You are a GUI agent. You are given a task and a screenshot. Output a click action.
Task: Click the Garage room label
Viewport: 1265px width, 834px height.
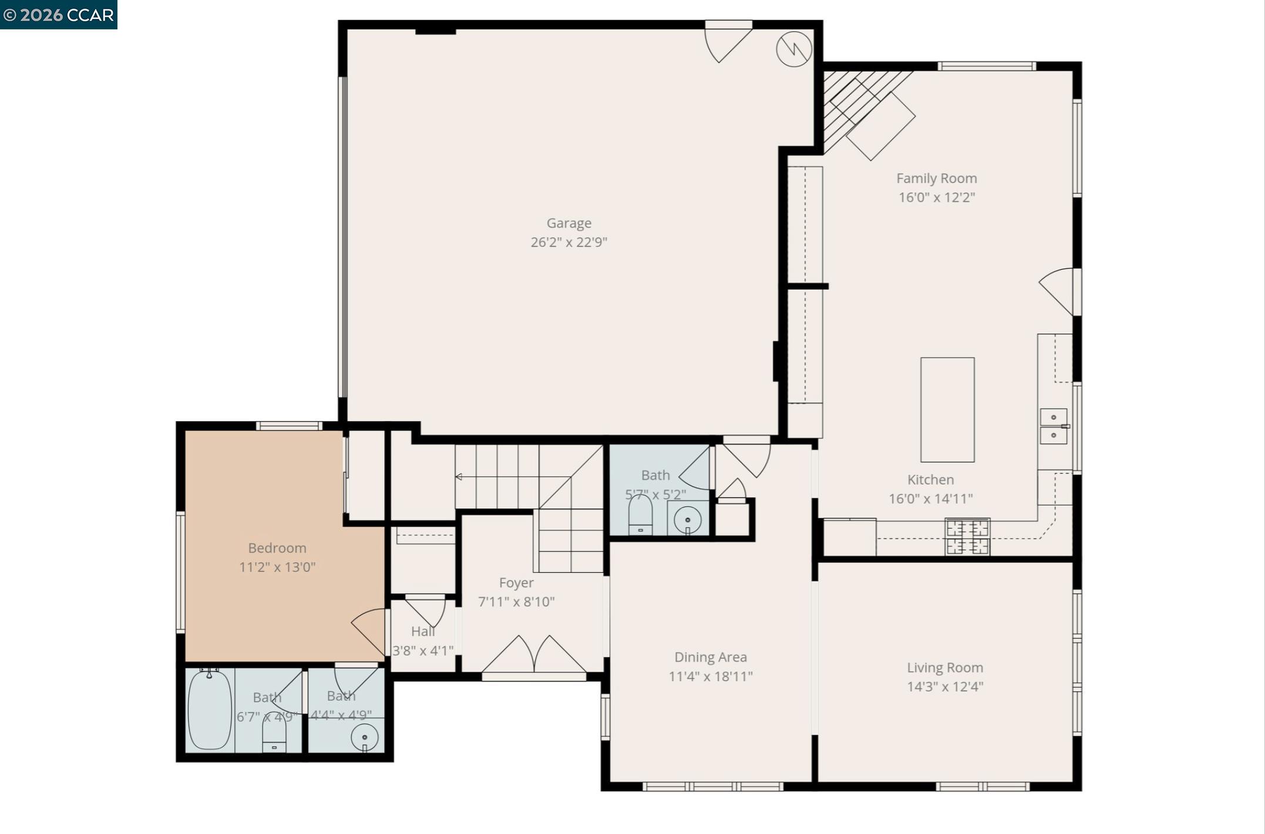(568, 223)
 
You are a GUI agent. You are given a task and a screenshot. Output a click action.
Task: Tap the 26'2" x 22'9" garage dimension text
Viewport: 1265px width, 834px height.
(568, 242)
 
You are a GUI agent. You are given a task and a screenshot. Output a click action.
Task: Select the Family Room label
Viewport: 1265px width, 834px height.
(936, 179)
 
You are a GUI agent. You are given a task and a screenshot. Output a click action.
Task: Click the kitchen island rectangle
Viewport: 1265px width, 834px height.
(947, 409)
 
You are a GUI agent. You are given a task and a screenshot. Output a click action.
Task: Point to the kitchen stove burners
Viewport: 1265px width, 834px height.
(967, 537)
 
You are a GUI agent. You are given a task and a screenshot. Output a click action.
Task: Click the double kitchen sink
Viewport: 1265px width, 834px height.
(1054, 426)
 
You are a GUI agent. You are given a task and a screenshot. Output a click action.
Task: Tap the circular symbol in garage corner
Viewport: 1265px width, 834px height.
(793, 49)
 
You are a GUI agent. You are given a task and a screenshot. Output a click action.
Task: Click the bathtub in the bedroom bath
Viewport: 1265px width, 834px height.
(209, 709)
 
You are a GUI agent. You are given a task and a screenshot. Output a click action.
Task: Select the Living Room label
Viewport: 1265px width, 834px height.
(944, 668)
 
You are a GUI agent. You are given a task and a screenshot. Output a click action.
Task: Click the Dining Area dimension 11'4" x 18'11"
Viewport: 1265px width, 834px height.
(710, 677)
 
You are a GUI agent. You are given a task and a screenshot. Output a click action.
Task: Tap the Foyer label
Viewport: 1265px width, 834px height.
(516, 583)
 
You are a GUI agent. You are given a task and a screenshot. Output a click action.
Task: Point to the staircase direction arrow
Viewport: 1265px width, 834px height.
(459, 477)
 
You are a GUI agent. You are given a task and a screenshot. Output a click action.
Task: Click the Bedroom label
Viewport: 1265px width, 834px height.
(277, 548)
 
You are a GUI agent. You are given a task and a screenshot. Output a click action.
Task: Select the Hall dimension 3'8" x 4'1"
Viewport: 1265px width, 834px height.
(422, 651)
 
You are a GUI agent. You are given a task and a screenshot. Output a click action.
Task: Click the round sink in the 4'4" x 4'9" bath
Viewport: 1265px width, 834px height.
(364, 737)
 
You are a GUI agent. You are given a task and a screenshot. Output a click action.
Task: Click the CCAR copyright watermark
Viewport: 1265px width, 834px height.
(58, 15)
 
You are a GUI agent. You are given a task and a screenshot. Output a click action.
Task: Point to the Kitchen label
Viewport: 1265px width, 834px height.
(930, 480)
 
